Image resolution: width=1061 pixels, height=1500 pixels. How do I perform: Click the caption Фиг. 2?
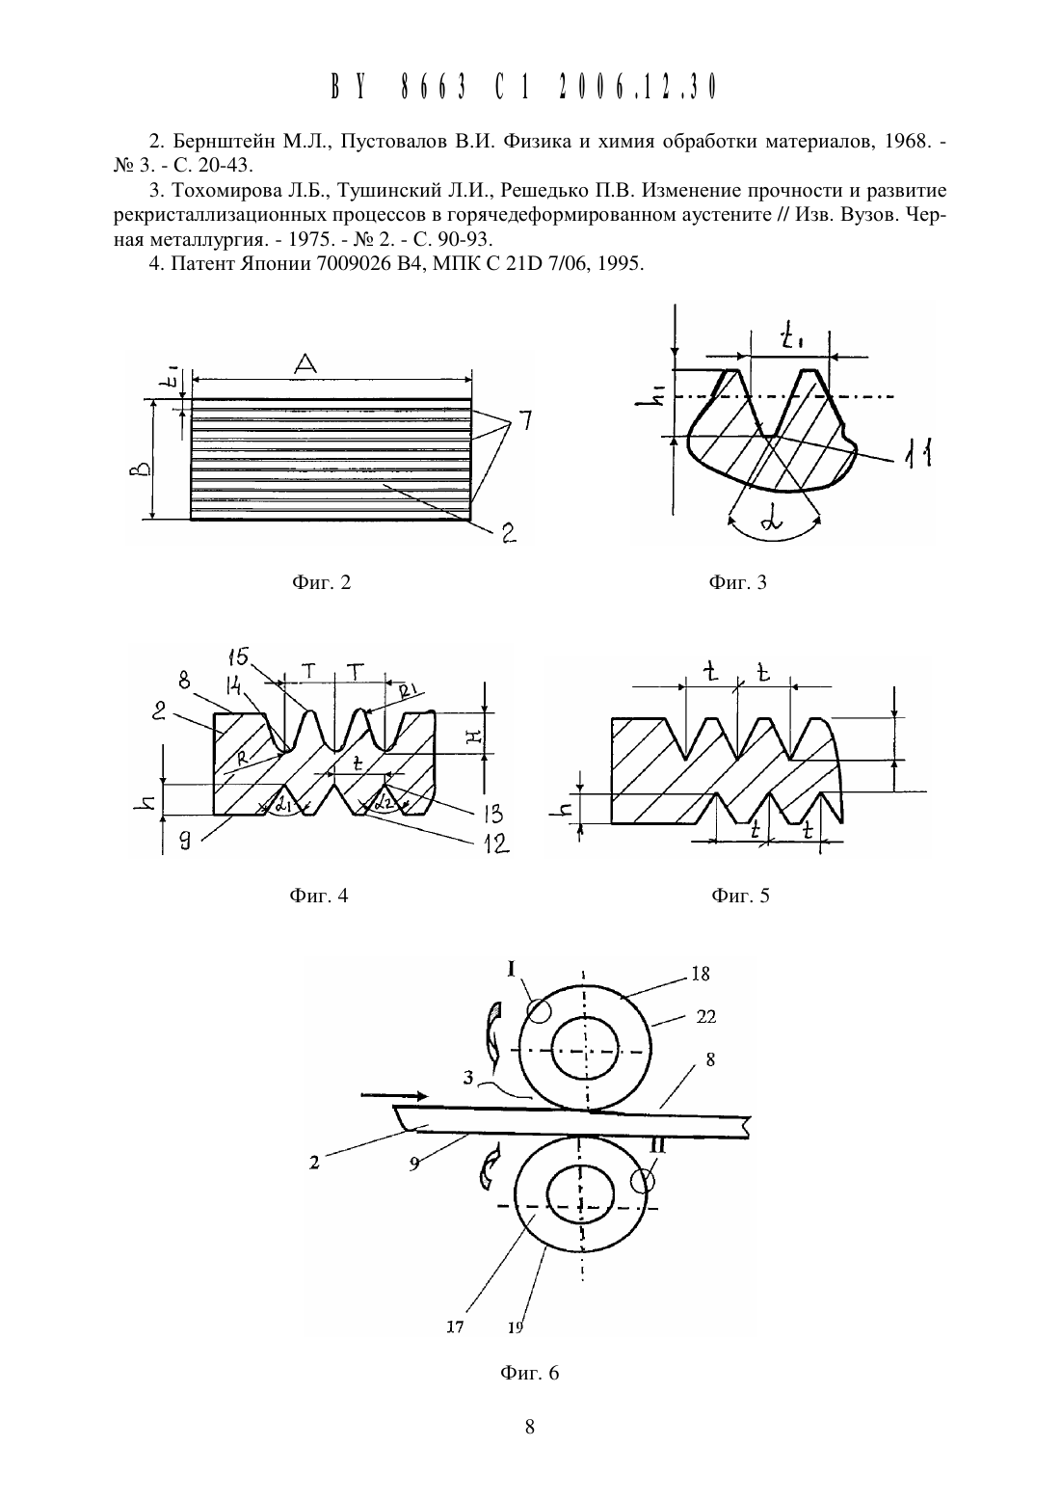point(321,582)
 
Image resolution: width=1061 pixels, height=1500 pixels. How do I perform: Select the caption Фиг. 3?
point(737,582)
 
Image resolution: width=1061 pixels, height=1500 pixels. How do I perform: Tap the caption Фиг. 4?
point(319,896)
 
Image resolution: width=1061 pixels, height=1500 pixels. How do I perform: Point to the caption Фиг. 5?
point(740,896)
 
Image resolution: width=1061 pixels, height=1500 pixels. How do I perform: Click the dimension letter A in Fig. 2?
point(305,364)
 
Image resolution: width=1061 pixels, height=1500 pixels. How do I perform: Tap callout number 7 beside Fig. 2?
point(525,420)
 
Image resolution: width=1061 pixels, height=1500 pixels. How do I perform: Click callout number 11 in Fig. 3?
point(916,454)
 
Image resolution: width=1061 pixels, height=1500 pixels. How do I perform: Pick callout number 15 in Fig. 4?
point(238,656)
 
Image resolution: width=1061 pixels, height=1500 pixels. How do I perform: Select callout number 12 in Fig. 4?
point(496,843)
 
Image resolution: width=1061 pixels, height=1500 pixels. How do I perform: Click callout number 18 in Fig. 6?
point(701,975)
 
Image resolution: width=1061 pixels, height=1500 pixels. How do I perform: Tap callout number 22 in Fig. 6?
point(706,1017)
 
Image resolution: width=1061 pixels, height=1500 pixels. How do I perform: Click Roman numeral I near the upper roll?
point(512,968)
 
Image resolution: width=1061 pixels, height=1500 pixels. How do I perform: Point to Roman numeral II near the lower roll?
point(658,1146)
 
